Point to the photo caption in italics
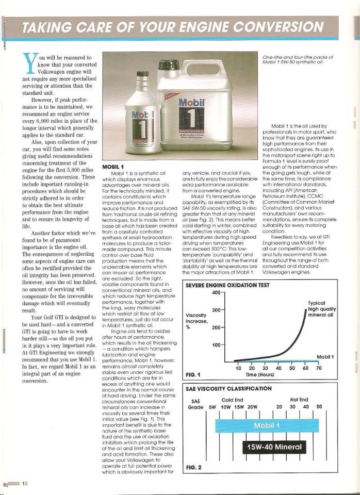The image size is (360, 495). [x=298, y=59]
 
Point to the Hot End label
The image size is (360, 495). [x=299, y=399]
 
